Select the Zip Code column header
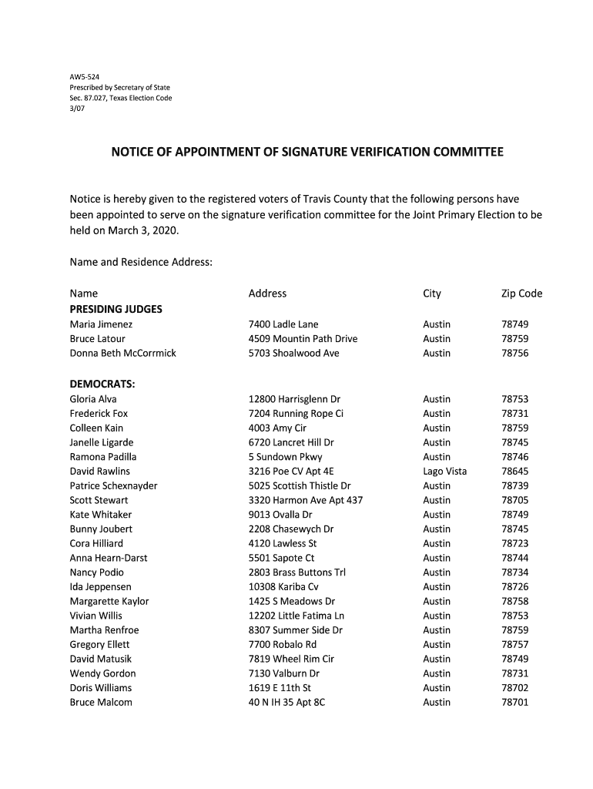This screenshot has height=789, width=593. click(521, 294)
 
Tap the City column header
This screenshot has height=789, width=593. click(432, 294)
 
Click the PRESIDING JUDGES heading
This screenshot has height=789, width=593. click(116, 309)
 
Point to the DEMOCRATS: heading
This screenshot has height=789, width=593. click(102, 384)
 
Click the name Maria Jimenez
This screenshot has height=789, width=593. click(101, 324)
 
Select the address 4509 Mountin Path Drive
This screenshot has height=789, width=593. click(303, 339)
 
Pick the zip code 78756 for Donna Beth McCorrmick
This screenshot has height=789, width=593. click(514, 353)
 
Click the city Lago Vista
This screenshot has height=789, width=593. click(444, 472)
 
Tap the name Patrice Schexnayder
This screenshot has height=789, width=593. click(113, 486)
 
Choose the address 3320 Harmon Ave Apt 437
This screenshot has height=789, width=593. click(306, 500)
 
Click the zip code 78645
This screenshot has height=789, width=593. click(514, 472)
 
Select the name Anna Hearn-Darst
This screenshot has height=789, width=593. click(109, 558)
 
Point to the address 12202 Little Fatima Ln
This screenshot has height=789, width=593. click(296, 616)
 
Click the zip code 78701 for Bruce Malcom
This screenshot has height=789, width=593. click(514, 702)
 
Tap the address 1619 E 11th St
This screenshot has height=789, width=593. click(280, 688)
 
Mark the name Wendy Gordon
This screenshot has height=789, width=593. click(102, 673)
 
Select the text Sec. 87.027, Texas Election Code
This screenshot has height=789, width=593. click(121, 98)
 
